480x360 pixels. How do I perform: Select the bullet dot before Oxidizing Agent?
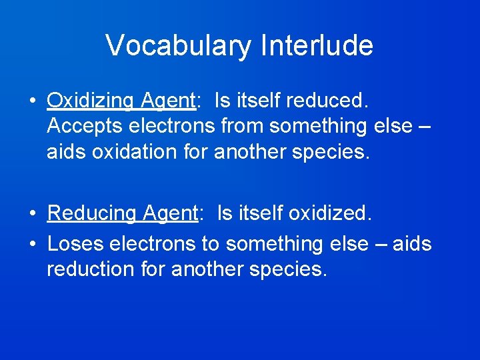click(x=33, y=101)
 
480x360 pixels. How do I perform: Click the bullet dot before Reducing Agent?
click(x=33, y=214)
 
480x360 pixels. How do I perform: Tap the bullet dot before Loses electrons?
click(x=33, y=245)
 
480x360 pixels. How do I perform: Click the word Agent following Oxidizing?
click(x=167, y=101)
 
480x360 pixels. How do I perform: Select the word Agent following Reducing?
click(x=167, y=213)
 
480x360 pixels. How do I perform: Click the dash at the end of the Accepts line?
click(x=423, y=126)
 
